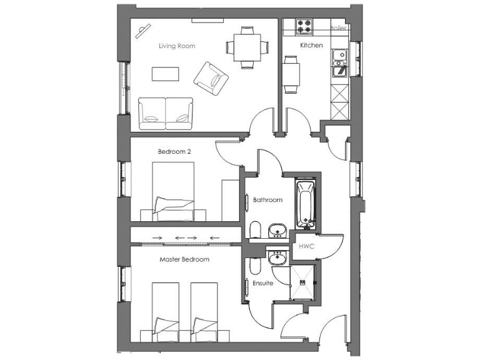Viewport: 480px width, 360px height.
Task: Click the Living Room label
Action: click(x=176, y=46)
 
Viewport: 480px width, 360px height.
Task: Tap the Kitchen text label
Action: click(x=311, y=46)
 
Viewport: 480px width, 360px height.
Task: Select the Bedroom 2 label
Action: click(x=174, y=151)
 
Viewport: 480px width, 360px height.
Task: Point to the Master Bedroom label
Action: click(x=184, y=259)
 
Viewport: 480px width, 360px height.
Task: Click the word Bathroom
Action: click(x=267, y=200)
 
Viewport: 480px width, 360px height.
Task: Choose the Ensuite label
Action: click(x=262, y=283)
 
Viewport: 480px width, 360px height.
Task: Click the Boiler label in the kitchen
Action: click(x=338, y=28)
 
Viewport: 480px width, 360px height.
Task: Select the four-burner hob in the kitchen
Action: click(x=304, y=27)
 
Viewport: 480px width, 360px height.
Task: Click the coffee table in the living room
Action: click(x=165, y=74)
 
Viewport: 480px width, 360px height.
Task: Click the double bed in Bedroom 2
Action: click(x=173, y=191)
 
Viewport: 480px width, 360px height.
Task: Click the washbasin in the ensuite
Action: click(x=276, y=257)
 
